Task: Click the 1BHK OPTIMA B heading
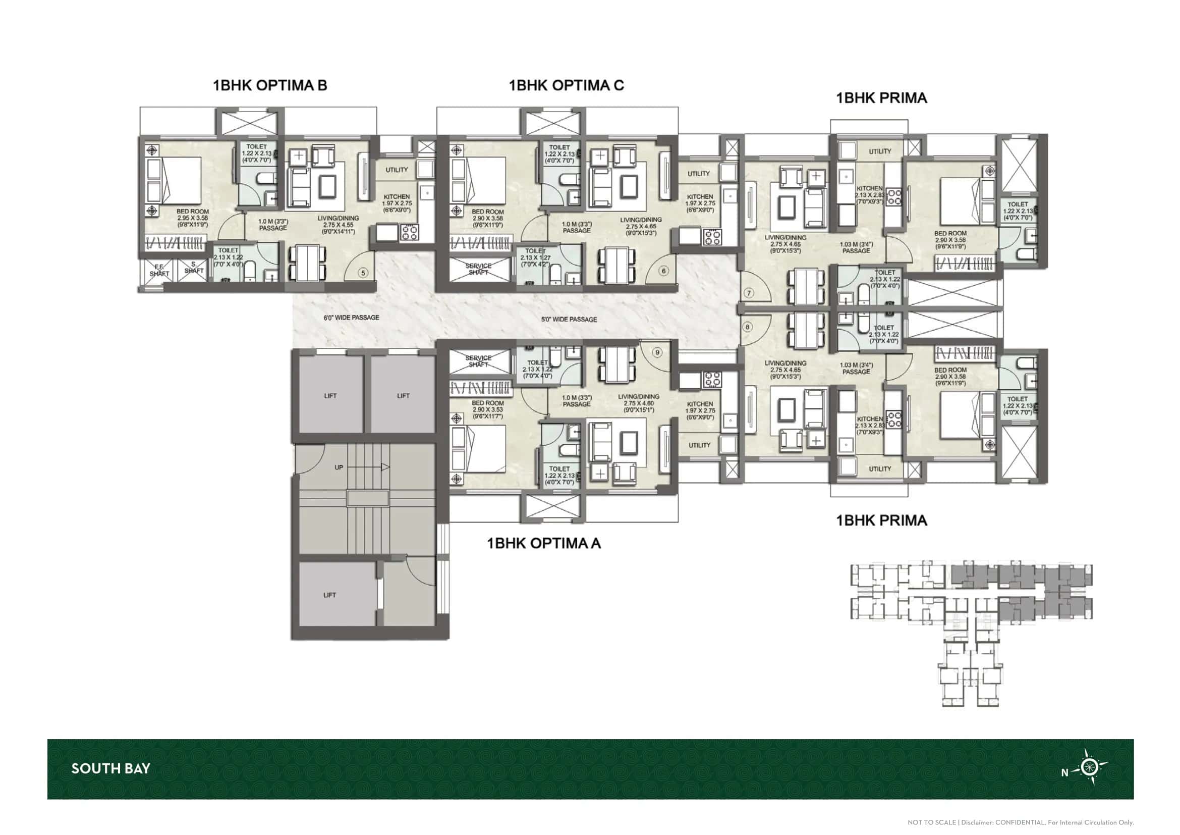coord(270,85)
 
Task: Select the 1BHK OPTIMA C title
coord(567,85)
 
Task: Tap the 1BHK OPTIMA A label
coord(544,544)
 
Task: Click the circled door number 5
coord(363,273)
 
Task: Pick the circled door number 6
coord(663,271)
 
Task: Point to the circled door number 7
coord(749,293)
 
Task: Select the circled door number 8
coord(748,327)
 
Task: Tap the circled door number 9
coord(657,352)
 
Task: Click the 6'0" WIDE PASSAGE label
coord(352,318)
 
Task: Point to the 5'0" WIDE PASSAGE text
coord(569,319)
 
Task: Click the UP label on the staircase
coord(339,467)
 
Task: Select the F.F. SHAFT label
coord(159,271)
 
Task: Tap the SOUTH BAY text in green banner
coord(110,769)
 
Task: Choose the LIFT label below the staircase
coord(329,595)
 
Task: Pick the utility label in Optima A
coord(699,445)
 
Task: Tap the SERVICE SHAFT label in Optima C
coord(478,269)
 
